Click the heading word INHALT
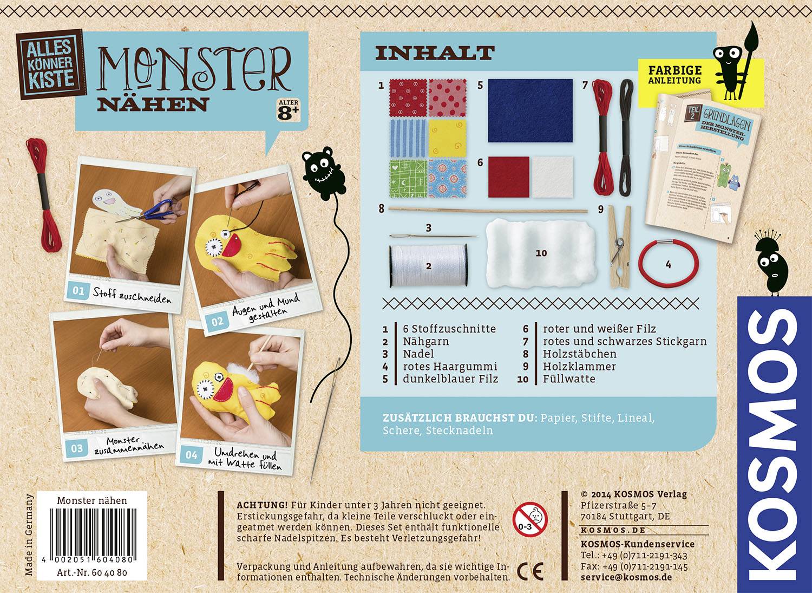tap(435, 53)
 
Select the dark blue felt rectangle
tap(530, 110)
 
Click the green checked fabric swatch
tap(407, 178)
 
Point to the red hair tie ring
tap(667, 265)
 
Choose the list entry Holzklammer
tap(579, 366)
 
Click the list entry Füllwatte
tap(569, 379)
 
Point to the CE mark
tap(530, 570)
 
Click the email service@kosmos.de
tap(626, 577)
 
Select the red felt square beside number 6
tap(508, 177)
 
